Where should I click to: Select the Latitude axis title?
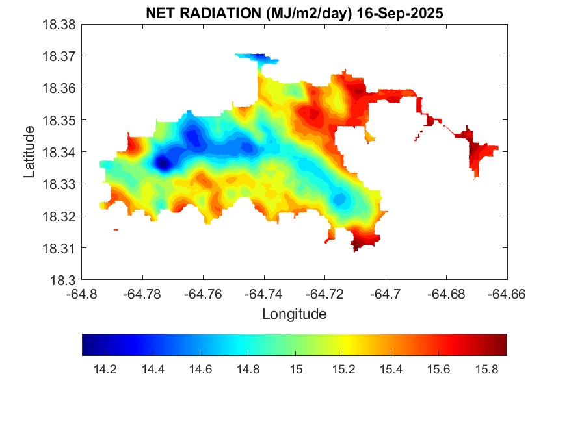[29, 153]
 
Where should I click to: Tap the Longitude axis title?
[294, 314]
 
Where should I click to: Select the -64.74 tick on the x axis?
[264, 294]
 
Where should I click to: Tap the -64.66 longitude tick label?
[507, 294]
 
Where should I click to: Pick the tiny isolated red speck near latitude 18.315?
[116, 229]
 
